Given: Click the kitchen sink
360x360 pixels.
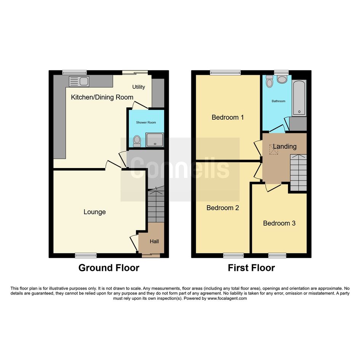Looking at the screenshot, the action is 79,81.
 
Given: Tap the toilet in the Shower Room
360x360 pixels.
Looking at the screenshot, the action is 137,141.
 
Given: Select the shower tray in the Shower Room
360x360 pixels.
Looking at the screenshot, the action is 155,139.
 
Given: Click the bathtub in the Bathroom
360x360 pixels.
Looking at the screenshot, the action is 299,98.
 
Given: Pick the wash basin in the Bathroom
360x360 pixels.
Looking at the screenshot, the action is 282,79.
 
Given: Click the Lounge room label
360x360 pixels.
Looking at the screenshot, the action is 94,212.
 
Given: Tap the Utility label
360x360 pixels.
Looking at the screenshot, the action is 139,87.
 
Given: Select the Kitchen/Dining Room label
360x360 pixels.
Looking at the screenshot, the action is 102,97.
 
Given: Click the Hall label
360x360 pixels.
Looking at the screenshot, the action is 154,241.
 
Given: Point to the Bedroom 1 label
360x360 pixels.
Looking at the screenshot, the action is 227,117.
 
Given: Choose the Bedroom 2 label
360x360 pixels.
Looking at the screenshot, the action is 223,208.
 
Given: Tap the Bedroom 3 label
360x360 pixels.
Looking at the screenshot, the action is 279,223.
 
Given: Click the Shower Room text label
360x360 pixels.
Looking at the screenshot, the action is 146,122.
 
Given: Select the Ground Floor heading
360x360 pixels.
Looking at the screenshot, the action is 109,268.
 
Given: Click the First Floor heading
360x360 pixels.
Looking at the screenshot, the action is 251,268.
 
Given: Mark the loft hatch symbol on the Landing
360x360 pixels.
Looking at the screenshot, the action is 274,149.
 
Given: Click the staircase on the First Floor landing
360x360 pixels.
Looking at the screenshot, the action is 298,173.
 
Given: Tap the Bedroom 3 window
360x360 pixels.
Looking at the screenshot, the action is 277,255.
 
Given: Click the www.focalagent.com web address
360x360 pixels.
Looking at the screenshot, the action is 227,298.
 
